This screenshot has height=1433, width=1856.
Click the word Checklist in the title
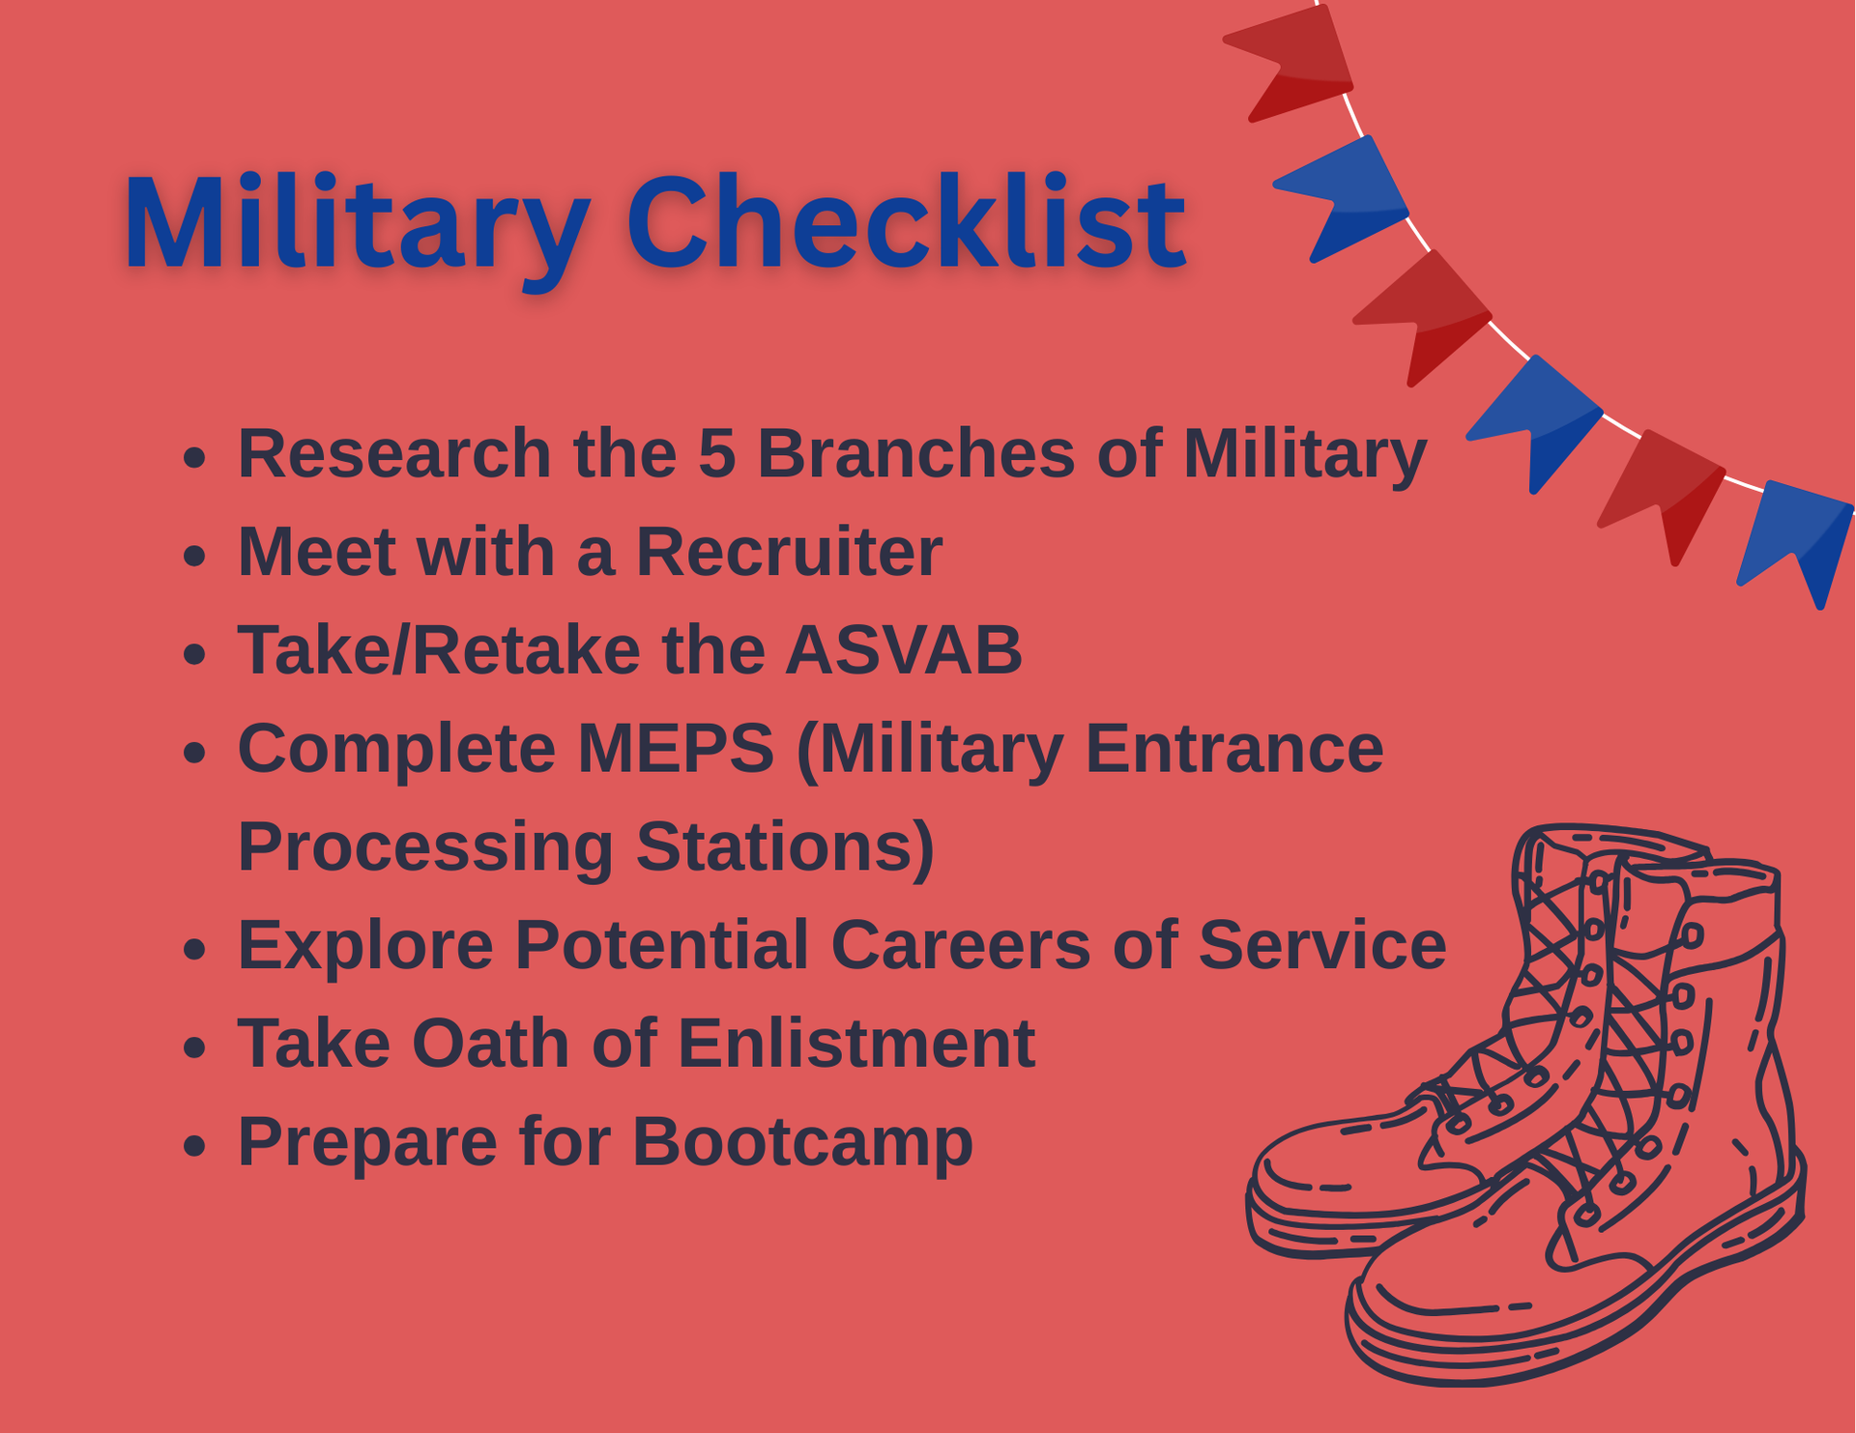[907, 223]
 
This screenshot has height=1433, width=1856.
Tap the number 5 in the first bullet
[716, 453]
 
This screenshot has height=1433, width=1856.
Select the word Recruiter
[789, 552]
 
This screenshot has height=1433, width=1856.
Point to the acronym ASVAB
[904, 650]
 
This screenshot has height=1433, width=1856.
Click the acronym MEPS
[676, 748]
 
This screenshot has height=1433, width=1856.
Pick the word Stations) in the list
[785, 848]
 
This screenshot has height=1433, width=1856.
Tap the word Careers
[961, 945]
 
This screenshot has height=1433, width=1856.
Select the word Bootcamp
[802, 1144]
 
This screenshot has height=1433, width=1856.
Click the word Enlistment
[856, 1044]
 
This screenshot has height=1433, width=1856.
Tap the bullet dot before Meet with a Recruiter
[194, 556]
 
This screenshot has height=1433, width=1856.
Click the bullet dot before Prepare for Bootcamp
[194, 1146]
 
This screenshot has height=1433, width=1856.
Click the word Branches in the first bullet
[915, 453]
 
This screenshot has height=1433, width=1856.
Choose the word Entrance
[1234, 748]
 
